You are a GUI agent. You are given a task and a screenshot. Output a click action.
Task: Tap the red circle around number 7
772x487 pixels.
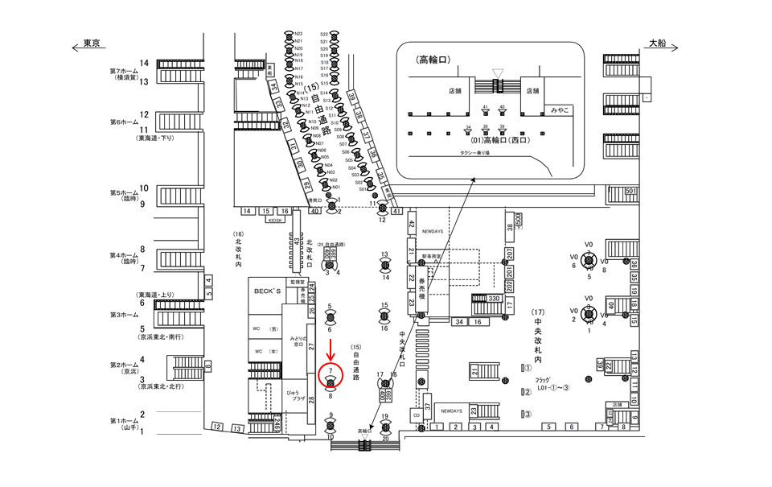click(331, 375)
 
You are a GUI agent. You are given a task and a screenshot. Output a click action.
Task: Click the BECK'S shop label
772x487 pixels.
click(266, 290)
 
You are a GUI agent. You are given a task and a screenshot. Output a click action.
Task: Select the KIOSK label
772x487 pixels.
click(276, 219)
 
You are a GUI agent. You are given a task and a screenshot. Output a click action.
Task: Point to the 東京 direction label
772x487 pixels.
click(91, 44)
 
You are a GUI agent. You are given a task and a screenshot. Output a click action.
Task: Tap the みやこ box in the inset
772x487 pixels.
click(559, 108)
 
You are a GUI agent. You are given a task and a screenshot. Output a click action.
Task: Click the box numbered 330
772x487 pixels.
click(494, 299)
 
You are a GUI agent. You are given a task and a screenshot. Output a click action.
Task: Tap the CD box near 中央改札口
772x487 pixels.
click(416, 415)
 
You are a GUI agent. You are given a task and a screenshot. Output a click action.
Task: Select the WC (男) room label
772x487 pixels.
click(262, 329)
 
